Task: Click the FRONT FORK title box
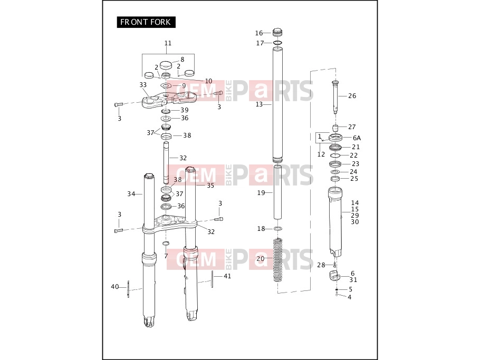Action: pyautogui.click(x=146, y=22)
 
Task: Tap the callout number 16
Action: pyautogui.click(x=259, y=33)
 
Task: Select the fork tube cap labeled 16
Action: pyautogui.click(x=277, y=32)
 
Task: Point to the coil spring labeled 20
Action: pyautogui.click(x=277, y=260)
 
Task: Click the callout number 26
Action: pyautogui.click(x=352, y=96)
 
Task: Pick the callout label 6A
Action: pyautogui.click(x=357, y=138)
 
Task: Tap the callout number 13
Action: pyautogui.click(x=259, y=104)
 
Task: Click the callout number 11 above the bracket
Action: pyautogui.click(x=168, y=43)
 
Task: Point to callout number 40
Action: pyautogui.click(x=114, y=287)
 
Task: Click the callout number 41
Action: pyautogui.click(x=227, y=276)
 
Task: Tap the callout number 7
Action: pyautogui.click(x=166, y=256)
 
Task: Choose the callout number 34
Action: pyautogui.click(x=131, y=194)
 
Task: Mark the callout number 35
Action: pyautogui.click(x=210, y=186)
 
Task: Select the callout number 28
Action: pyautogui.click(x=321, y=265)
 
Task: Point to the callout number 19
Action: pyautogui.click(x=261, y=193)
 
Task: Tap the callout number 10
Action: pyautogui.click(x=208, y=81)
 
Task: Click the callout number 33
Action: pyautogui.click(x=143, y=85)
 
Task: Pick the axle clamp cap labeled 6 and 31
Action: pyautogui.click(x=334, y=276)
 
